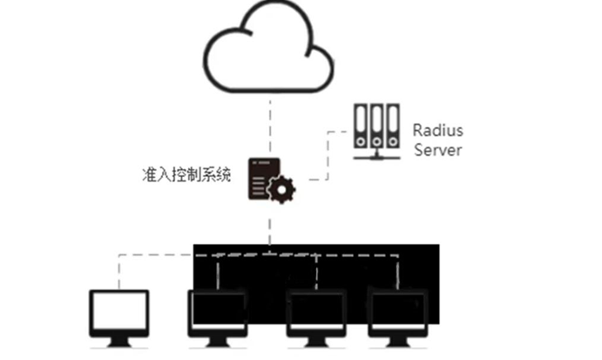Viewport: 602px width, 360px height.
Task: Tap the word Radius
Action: coord(438,131)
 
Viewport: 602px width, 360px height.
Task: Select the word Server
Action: coord(437,149)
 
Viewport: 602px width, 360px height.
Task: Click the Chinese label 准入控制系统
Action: coord(186,173)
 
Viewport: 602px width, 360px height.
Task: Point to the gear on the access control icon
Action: coord(281,189)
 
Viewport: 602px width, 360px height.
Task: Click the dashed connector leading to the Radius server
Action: coord(328,157)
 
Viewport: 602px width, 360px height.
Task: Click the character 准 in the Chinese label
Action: coord(148,173)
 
